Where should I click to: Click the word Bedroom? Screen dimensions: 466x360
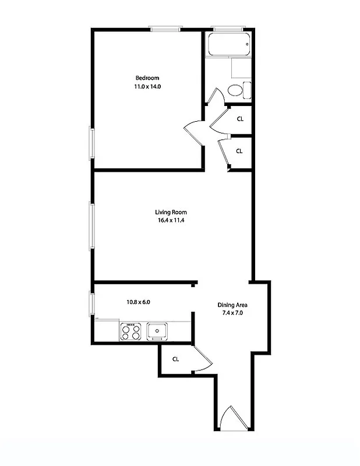coord(147,78)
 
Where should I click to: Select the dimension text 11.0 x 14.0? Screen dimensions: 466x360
coord(147,86)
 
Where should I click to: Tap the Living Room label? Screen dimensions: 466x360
coord(171,212)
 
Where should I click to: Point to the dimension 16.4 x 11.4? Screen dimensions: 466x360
coord(171,220)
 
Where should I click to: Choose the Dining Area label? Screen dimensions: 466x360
coord(233,305)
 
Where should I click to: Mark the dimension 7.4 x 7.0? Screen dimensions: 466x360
coord(233,313)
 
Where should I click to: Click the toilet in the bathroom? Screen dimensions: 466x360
coord(236,91)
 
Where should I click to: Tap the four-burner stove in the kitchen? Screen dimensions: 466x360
coord(131,332)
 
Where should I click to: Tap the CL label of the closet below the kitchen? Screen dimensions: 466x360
coord(175,359)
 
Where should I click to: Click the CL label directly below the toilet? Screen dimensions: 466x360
coord(239,119)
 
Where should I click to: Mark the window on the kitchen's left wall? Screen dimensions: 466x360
coord(91,304)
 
